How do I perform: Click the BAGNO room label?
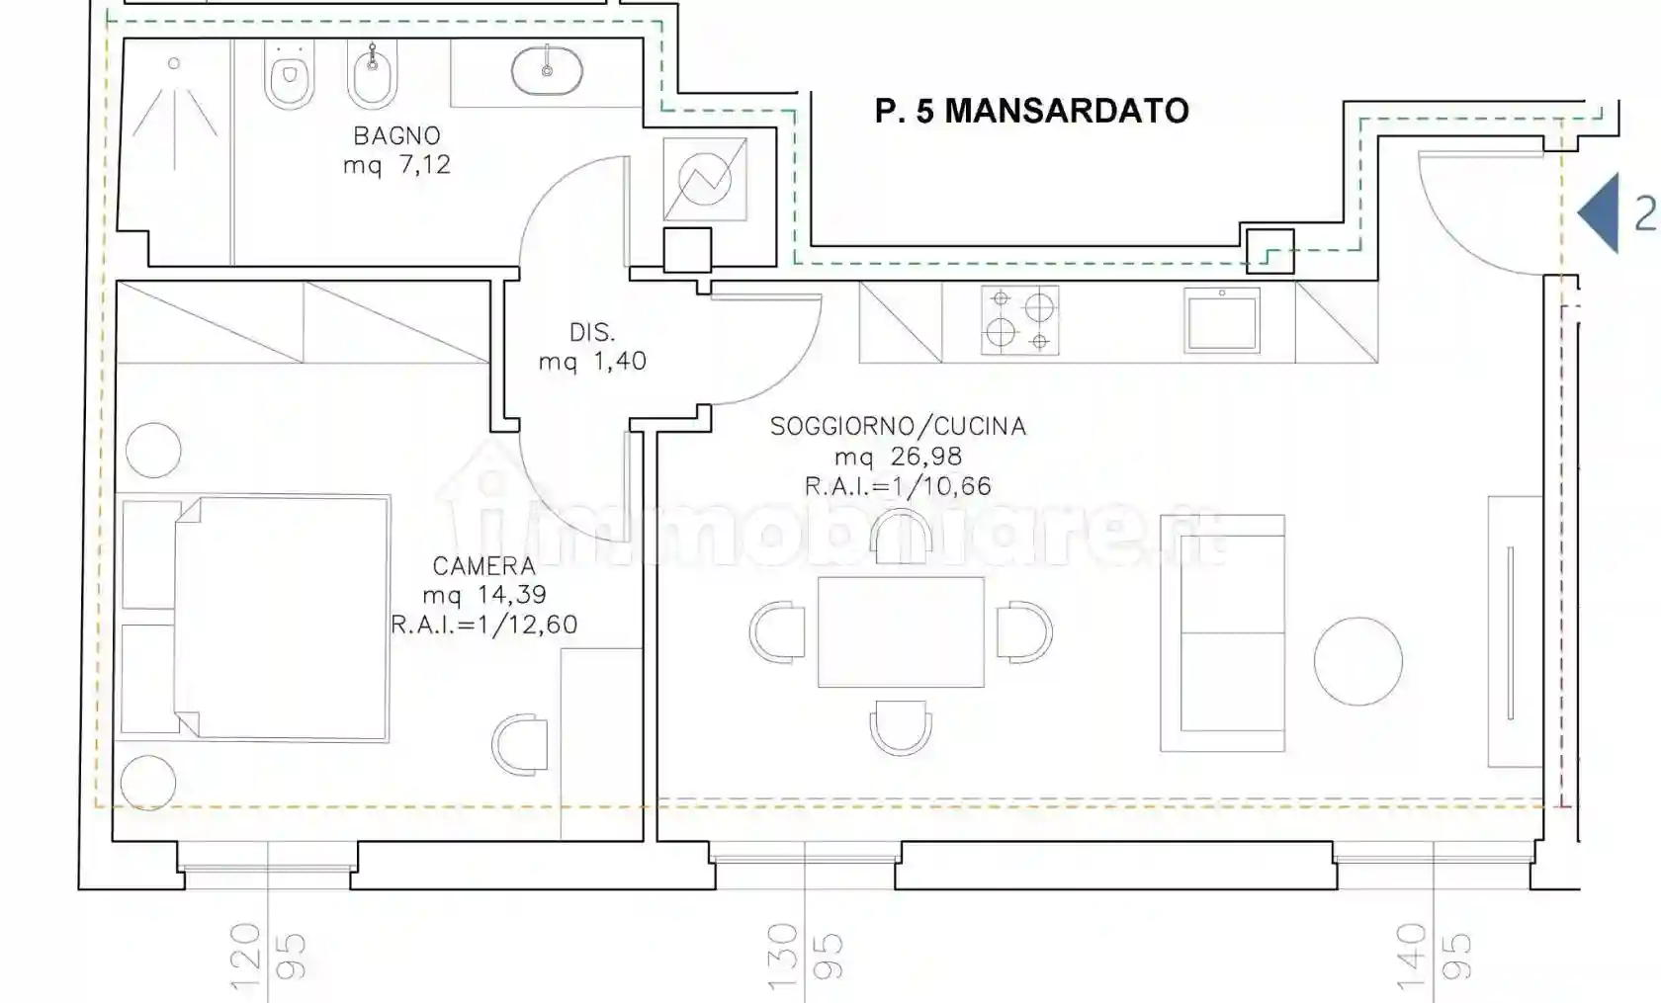[396, 135]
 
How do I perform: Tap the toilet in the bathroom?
[289, 74]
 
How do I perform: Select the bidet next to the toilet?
[372, 74]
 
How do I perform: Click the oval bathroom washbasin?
[548, 70]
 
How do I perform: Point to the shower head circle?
[174, 64]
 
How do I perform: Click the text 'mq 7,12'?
[396, 165]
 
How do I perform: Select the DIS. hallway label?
[591, 333]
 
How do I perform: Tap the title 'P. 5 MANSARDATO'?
[1032, 112]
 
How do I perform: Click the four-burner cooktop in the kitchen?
[1020, 320]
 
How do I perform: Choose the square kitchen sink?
[1222, 320]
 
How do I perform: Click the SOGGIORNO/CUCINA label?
[898, 426]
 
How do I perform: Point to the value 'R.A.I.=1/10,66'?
[898, 486]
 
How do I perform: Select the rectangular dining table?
[901, 632]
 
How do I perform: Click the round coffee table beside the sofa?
[1358, 661]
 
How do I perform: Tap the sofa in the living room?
[1223, 633]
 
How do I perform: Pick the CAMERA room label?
[483, 566]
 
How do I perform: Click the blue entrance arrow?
[1598, 213]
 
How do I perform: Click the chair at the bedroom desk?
[520, 744]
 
